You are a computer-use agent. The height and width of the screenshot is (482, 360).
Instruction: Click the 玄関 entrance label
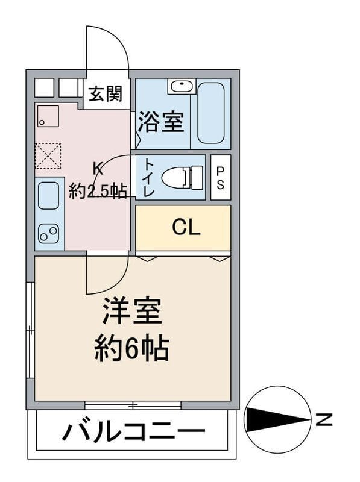(106, 93)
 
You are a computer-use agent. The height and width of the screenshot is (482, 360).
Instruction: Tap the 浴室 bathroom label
(161, 122)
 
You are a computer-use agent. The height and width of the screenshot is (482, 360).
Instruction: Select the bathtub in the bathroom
(211, 113)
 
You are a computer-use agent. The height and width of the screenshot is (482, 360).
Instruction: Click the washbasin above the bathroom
(182, 86)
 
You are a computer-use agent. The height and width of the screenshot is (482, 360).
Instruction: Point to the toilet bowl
(182, 177)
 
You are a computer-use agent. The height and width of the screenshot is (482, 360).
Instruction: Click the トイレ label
(149, 177)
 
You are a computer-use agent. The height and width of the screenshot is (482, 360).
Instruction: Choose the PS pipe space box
(221, 177)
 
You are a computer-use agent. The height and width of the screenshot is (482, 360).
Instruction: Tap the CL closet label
(186, 227)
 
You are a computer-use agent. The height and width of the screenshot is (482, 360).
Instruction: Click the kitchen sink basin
(48, 195)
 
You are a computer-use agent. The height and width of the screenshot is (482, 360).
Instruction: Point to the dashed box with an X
(48, 155)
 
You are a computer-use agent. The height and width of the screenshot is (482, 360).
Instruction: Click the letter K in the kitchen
(98, 168)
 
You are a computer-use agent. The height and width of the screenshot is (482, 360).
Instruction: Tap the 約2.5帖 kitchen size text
(98, 192)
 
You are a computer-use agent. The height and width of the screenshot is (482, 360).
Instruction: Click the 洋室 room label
(132, 310)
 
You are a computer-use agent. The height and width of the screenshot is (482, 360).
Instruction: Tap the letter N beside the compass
(324, 420)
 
